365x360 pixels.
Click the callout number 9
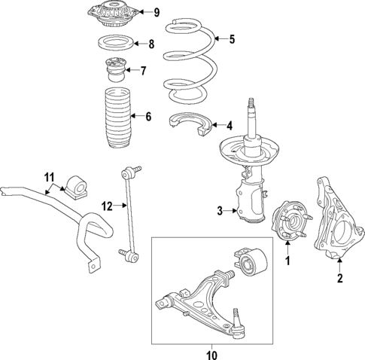click(x=157, y=12)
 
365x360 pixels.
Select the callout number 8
click(x=151, y=44)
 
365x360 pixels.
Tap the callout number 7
click(x=144, y=71)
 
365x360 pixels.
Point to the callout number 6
click(x=148, y=116)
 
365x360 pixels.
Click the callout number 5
click(x=232, y=38)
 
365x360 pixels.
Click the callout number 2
click(x=339, y=279)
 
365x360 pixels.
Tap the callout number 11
click(x=50, y=177)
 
